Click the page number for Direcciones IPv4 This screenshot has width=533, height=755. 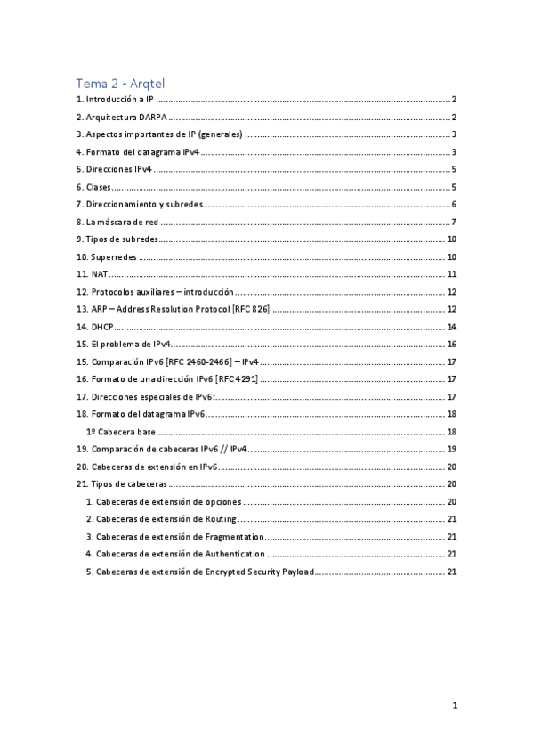tap(454, 169)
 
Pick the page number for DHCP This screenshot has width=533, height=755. tap(452, 327)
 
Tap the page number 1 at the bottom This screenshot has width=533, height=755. tap(454, 706)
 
